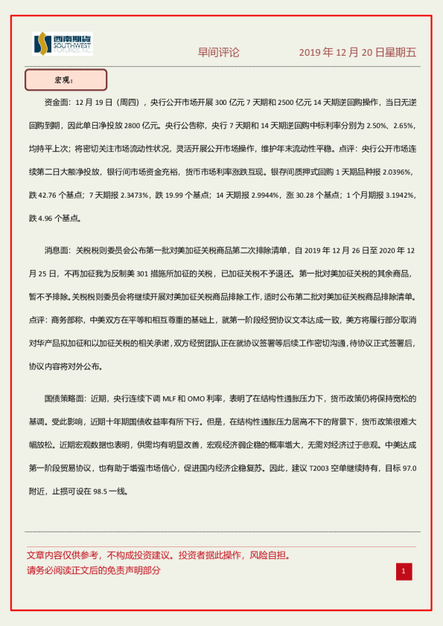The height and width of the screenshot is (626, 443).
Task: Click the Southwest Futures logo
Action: (62, 45)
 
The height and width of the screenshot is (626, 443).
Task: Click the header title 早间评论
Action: (219, 52)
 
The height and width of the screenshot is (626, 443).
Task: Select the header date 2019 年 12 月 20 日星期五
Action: (357, 52)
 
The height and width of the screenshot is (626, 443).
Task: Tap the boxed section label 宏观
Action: (66, 80)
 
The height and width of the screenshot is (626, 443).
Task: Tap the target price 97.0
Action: (402, 468)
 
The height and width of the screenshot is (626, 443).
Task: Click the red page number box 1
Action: (403, 571)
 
